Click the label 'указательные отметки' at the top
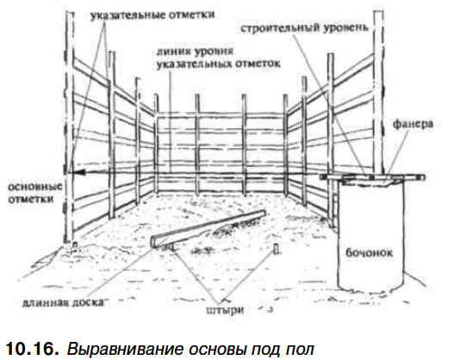tap(152, 15)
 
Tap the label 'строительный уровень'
tap(304, 28)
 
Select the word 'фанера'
tap(413, 124)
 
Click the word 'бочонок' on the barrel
tap(370, 252)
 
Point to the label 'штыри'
tap(226, 310)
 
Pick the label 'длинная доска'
tap(63, 302)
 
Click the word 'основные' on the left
tap(35, 186)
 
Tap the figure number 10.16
tap(32, 348)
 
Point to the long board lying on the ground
tap(208, 228)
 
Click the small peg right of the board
tap(277, 249)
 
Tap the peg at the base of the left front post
tap(75, 246)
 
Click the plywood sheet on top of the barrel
tap(372, 177)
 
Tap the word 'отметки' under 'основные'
tap(31, 199)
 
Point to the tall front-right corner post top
tap(378, 11)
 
